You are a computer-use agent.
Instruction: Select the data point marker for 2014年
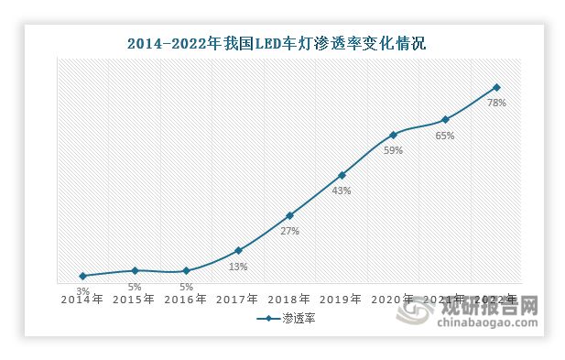coord(83,276)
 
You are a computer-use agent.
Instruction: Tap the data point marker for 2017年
coord(238,250)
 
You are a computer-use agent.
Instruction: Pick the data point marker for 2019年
coord(342,175)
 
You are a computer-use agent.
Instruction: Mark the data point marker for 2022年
coord(496,87)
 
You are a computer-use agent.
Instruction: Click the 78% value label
coord(496,104)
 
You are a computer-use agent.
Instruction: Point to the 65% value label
coord(445,136)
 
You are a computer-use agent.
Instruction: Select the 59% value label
coord(393,151)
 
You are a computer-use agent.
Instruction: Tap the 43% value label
coord(342,191)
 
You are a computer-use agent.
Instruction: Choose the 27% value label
coord(289,232)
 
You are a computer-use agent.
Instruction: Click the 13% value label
coord(238,267)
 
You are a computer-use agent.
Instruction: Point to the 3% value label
coord(83,290)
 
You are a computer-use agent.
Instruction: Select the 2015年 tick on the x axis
coord(135,300)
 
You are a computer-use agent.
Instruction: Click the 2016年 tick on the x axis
coord(187,300)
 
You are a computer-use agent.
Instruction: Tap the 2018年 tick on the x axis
coord(289,300)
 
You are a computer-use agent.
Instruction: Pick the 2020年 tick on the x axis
coord(393,300)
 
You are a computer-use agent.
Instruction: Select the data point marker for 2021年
coord(445,119)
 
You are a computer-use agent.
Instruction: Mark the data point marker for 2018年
coord(289,215)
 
